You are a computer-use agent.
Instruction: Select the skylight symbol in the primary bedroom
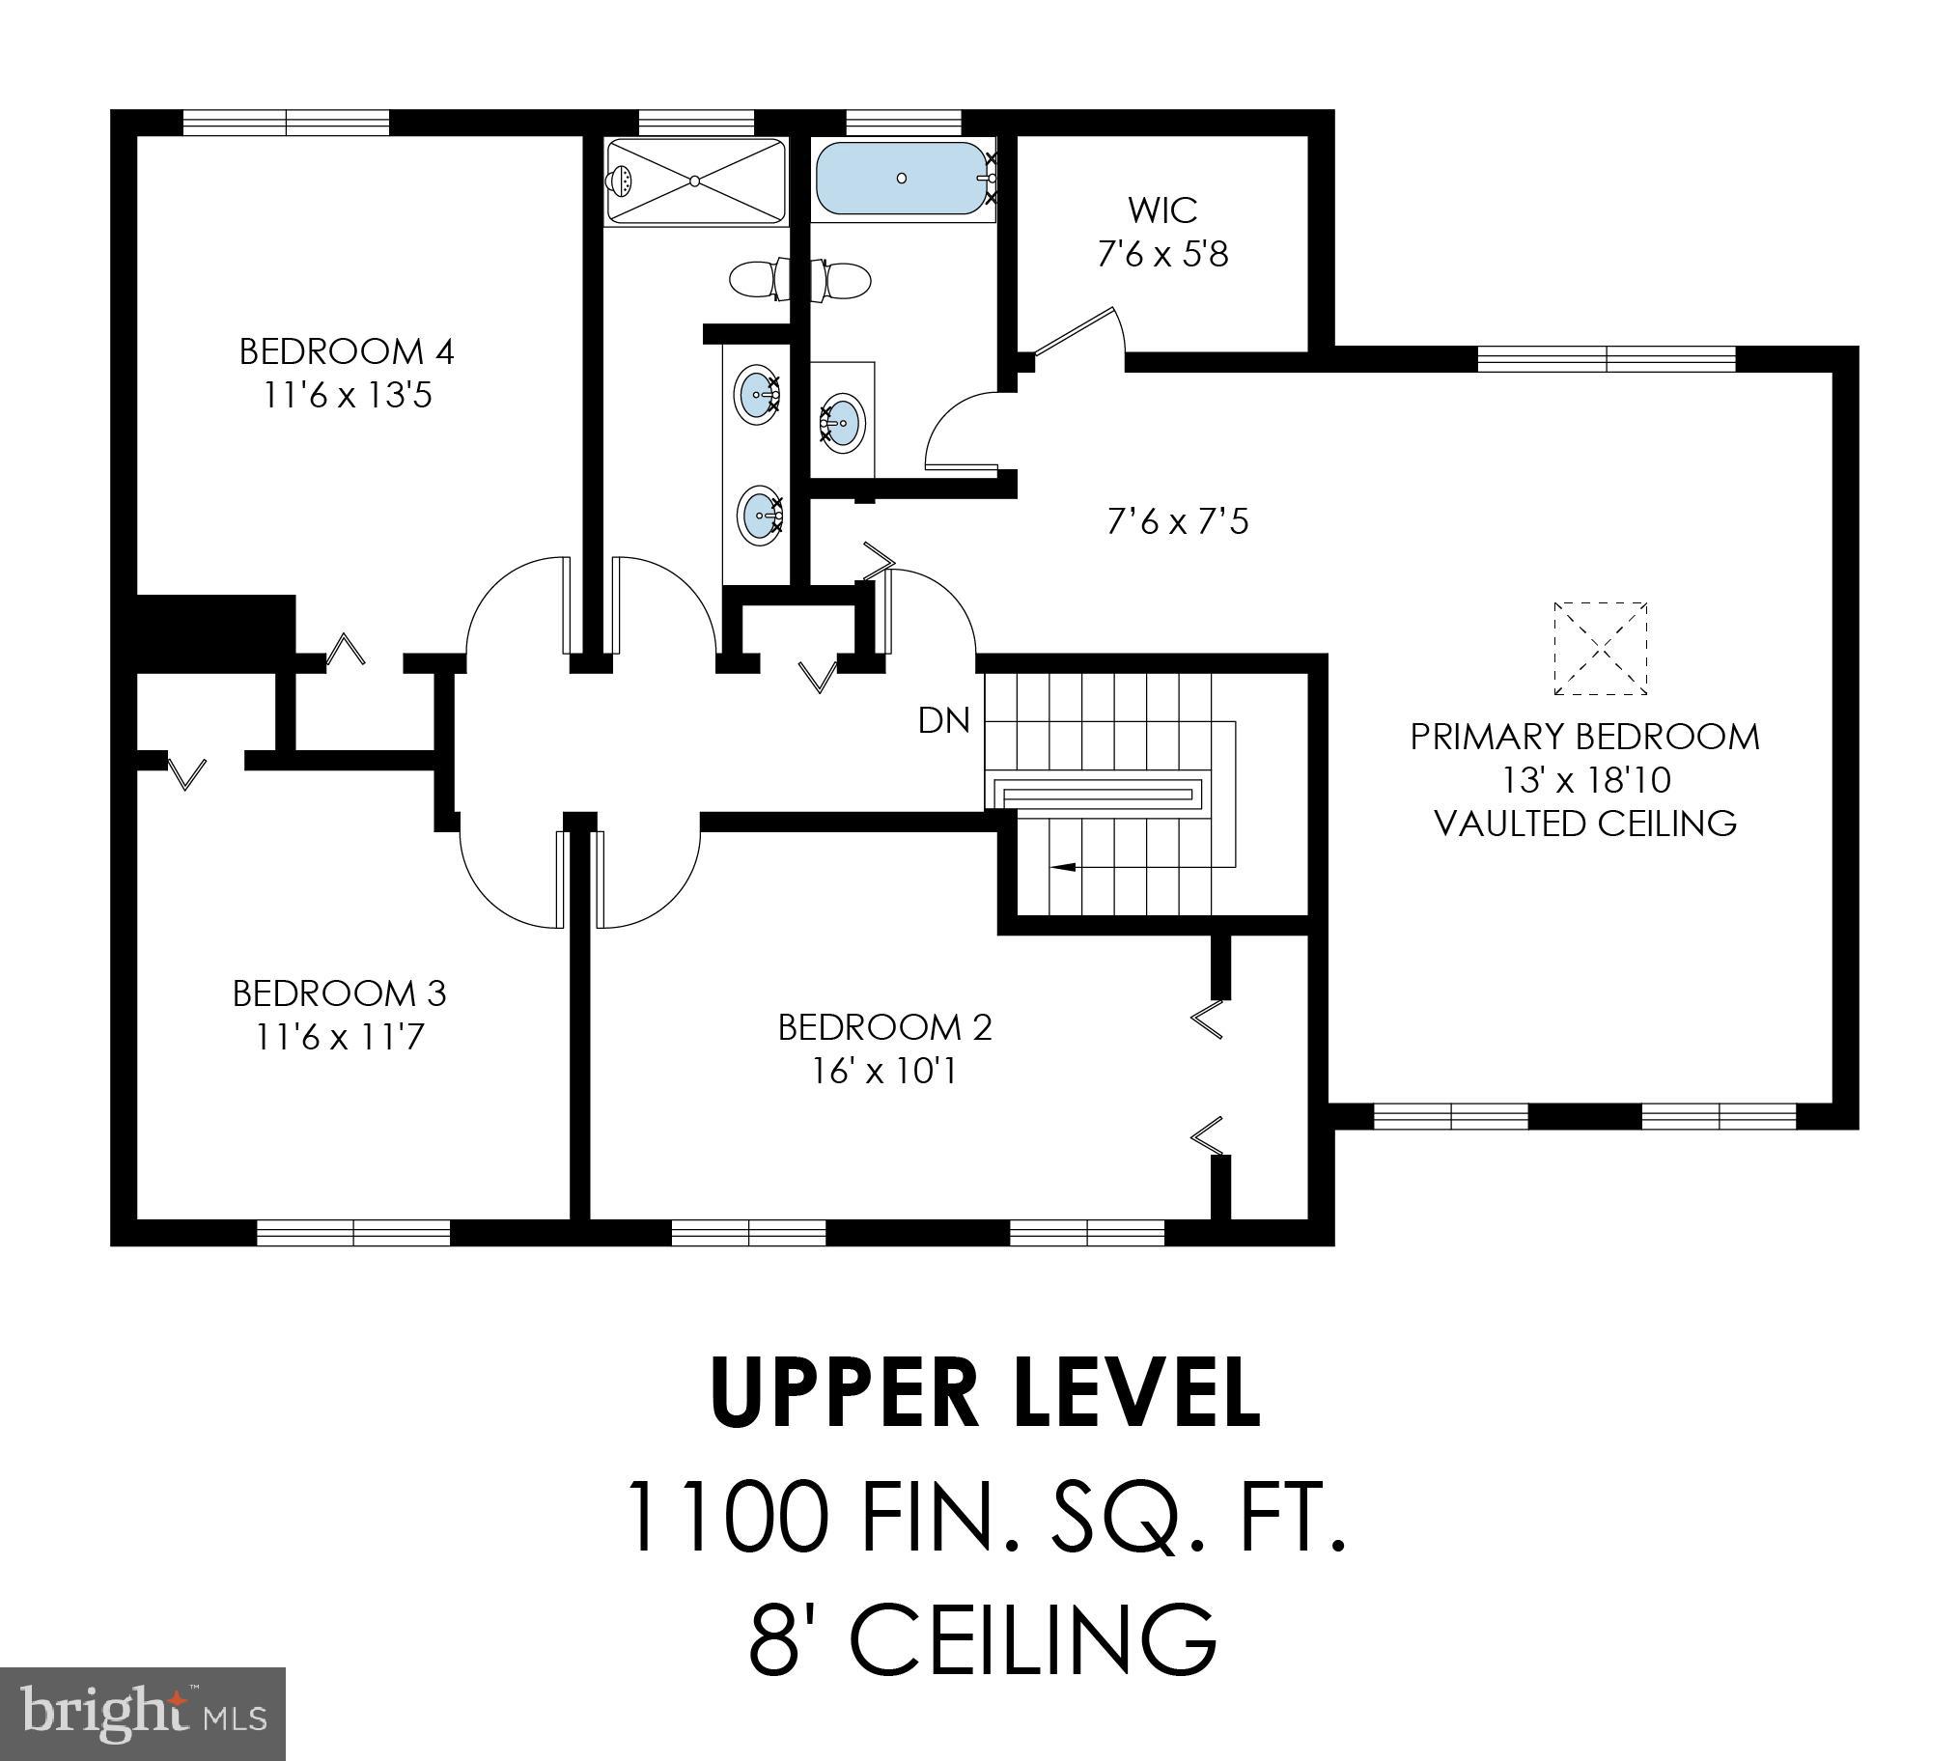[x=1600, y=648]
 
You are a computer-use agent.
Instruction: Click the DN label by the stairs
[x=943, y=720]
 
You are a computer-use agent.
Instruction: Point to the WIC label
[x=1161, y=210]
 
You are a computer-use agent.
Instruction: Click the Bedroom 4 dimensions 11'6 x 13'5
[x=347, y=396]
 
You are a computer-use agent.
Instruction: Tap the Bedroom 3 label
[x=339, y=992]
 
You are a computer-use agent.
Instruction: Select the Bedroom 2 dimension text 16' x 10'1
[x=884, y=1071]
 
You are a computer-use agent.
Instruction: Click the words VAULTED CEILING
[x=1584, y=824]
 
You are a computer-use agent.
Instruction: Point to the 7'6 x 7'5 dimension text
[x=1177, y=522]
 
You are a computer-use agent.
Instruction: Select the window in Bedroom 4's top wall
[x=287, y=122]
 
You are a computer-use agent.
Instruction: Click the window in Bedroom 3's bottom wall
[x=353, y=1232]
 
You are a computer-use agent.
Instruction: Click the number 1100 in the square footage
[x=728, y=1516]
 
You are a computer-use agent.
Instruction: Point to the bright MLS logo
[x=142, y=1713]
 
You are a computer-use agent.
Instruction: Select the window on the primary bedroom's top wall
[x=1606, y=359]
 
